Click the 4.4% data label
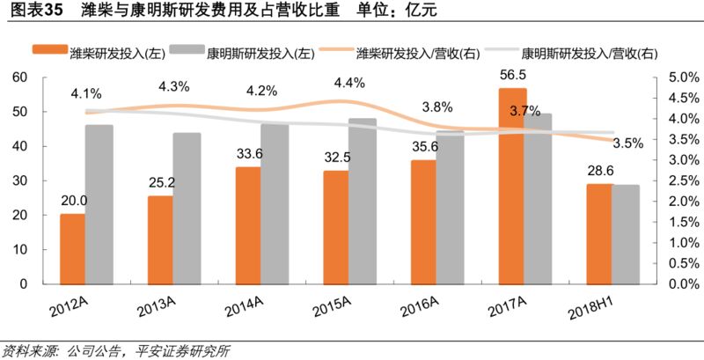[349, 84]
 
